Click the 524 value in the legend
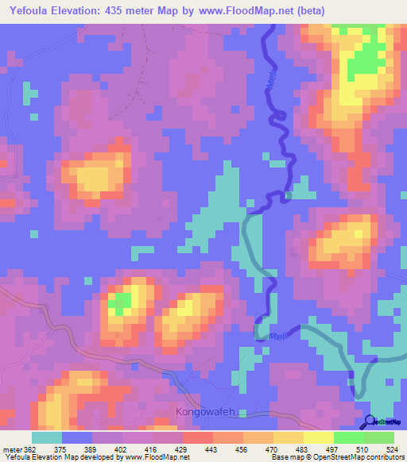(390, 449)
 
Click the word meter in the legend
(12, 449)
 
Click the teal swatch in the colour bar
(47, 437)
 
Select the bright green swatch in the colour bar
(349, 437)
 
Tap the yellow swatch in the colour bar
(289, 437)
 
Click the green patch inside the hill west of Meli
(120, 302)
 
